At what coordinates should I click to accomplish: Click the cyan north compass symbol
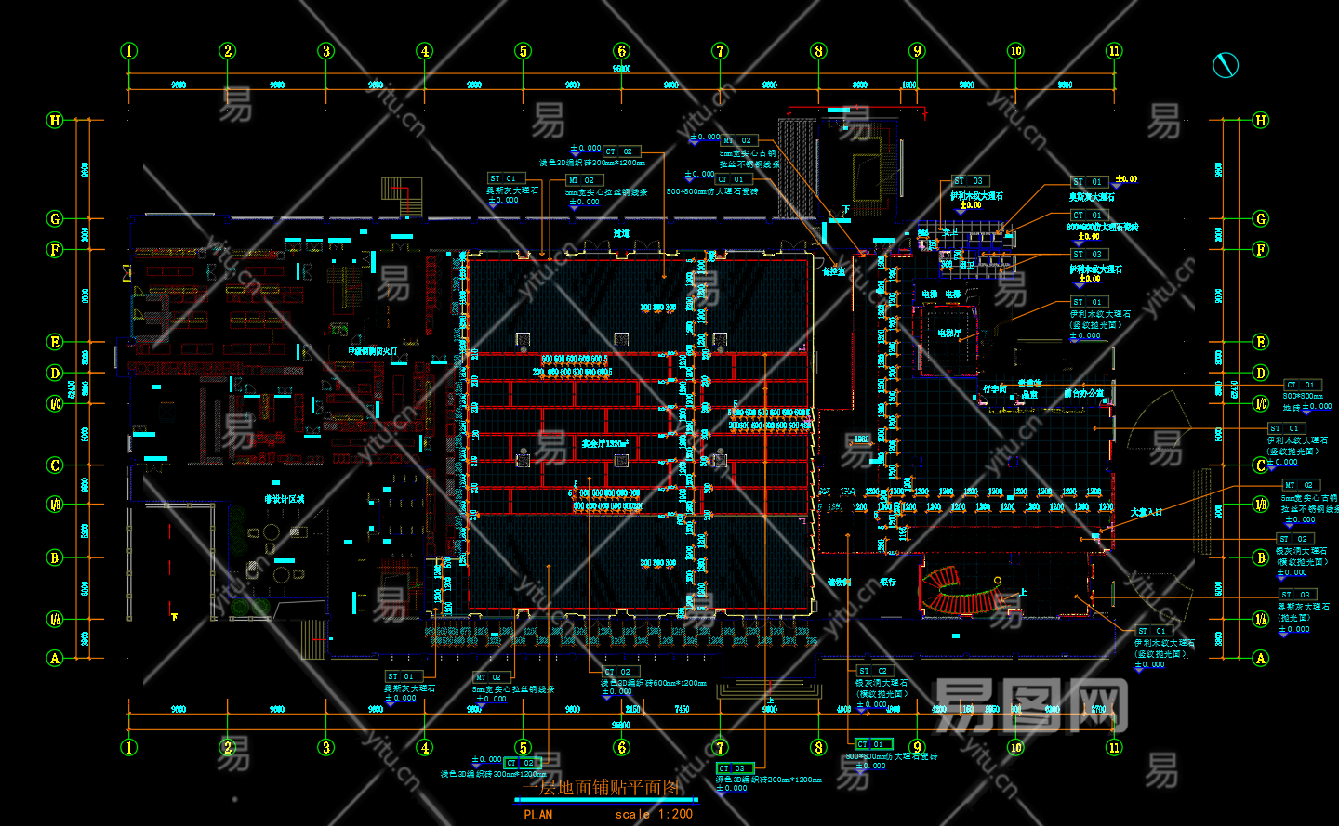coord(1226,65)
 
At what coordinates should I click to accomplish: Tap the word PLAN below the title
coord(537,815)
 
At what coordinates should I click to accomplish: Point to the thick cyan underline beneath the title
coord(606,799)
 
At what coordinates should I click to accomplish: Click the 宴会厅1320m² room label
coord(604,444)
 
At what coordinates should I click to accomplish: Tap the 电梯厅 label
coord(948,333)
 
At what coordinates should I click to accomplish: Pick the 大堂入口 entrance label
coord(1146,512)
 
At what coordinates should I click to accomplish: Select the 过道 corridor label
coord(621,233)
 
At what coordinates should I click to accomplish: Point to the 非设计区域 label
coord(284,499)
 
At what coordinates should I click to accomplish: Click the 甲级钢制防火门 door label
coord(372,351)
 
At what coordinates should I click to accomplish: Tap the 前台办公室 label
coord(1083,393)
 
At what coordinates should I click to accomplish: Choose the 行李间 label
coord(995,389)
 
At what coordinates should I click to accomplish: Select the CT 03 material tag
coord(733,768)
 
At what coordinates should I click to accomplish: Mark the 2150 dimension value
coord(632,710)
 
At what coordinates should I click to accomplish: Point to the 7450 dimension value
coord(682,710)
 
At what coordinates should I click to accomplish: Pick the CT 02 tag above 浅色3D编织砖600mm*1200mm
coord(618,672)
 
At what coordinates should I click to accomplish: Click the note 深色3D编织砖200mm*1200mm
coord(769,780)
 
